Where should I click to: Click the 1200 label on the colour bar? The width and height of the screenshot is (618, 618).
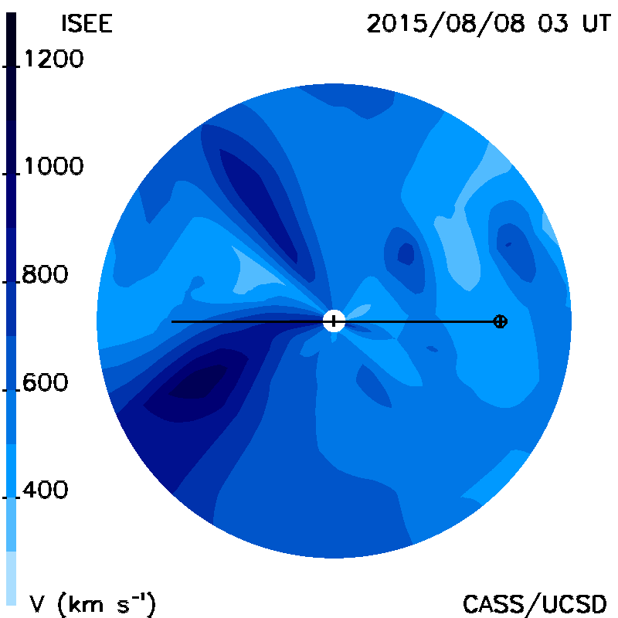[54, 59]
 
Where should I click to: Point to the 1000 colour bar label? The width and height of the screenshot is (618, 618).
[54, 166]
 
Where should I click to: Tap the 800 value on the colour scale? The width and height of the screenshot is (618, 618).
[45, 274]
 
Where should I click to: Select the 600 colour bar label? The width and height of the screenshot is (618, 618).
[45, 382]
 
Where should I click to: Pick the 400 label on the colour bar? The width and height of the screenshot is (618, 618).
[45, 490]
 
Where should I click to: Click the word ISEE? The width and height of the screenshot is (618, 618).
[87, 23]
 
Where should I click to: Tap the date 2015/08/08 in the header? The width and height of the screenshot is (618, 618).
[447, 24]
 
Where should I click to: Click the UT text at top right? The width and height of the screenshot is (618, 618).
[596, 23]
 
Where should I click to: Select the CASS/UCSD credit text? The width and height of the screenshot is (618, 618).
[535, 604]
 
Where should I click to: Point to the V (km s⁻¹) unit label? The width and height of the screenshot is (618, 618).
[93, 603]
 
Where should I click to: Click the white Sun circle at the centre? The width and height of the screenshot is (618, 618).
[334, 321]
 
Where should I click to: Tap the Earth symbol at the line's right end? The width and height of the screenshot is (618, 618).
[500, 321]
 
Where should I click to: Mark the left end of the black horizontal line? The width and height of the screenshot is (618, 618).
[171, 322]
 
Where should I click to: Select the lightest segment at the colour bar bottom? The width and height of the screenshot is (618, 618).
[11, 578]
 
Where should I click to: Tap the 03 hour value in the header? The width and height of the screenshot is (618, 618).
[553, 23]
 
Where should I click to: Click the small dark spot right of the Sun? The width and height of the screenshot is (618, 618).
[433, 349]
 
